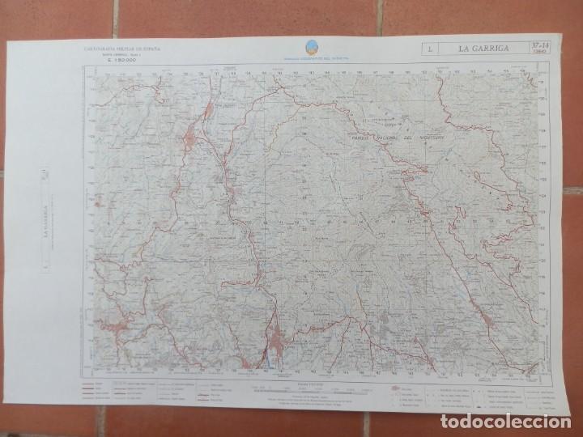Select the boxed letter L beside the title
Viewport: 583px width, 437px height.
pyautogui.click(x=428, y=50)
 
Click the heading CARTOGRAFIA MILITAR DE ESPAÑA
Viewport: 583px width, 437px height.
pyautogui.click(x=122, y=49)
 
